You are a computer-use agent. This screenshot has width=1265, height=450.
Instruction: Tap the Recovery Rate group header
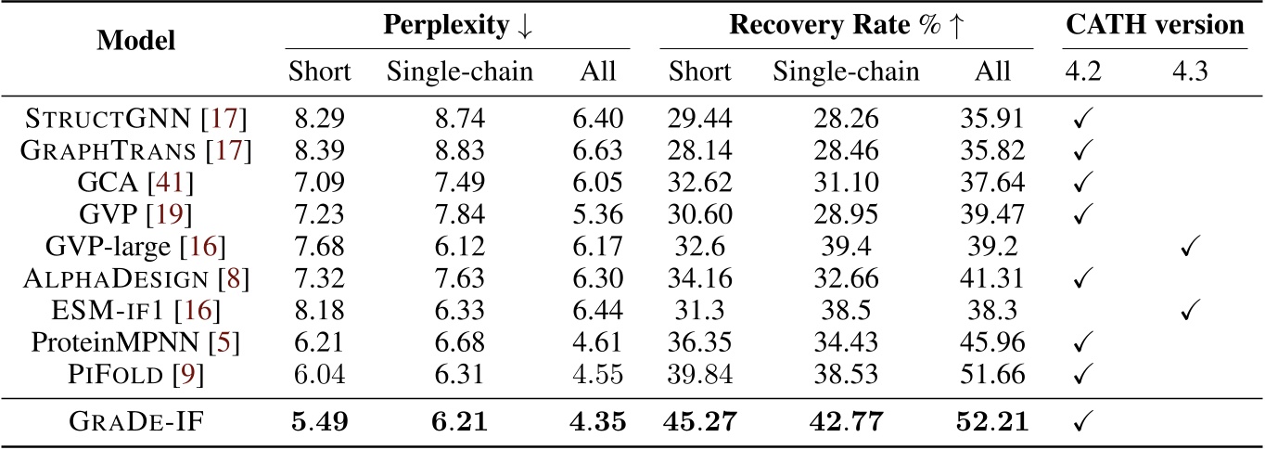tap(846, 25)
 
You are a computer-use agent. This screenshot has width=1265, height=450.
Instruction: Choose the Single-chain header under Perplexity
tap(459, 71)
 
